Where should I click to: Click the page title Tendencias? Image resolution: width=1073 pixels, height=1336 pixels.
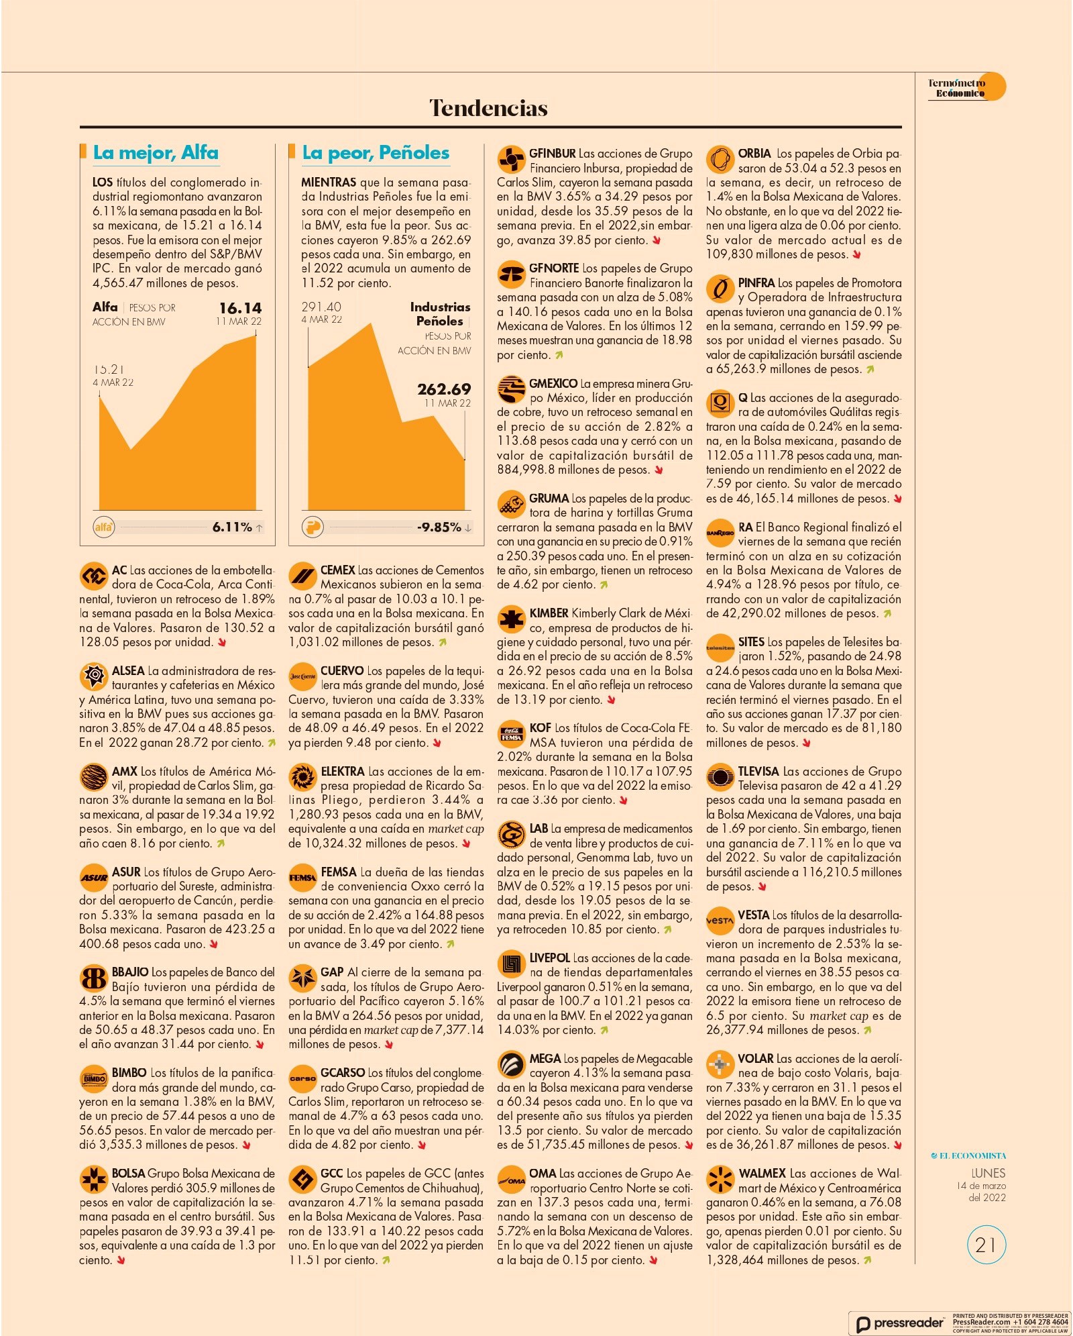coord(488,108)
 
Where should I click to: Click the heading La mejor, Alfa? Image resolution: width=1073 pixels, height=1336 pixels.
coord(156,153)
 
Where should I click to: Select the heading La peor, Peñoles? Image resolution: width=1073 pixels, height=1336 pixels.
coord(376,153)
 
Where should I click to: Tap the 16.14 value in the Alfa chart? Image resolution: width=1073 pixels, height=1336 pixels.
coord(240,308)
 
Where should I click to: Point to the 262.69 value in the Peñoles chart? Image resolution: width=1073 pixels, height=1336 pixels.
coord(444,389)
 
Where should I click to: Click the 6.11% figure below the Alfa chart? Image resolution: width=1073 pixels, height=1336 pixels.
coord(232,527)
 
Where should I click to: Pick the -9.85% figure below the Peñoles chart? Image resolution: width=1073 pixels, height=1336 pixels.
coord(439,527)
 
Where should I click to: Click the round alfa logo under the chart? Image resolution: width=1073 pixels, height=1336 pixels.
coord(104,527)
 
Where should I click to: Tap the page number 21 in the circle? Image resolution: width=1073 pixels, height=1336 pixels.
coord(986,1245)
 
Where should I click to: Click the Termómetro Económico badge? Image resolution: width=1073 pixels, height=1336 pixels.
coord(966,87)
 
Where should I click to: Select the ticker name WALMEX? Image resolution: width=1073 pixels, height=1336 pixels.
coord(762,1174)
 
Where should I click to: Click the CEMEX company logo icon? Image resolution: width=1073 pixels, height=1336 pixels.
coord(302,576)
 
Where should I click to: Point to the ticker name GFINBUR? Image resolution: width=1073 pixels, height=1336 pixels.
coord(553,154)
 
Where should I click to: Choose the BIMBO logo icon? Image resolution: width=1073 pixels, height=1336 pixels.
coord(93,1079)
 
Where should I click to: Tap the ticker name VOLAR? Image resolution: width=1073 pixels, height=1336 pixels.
coord(756,1059)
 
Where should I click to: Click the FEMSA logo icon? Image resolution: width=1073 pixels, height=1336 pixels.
coord(302,878)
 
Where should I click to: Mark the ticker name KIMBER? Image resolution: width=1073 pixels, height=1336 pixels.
coord(549,613)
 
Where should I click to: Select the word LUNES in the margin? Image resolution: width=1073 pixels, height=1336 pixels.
coord(989,1173)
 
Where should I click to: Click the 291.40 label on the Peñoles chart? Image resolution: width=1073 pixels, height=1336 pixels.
coord(321,307)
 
